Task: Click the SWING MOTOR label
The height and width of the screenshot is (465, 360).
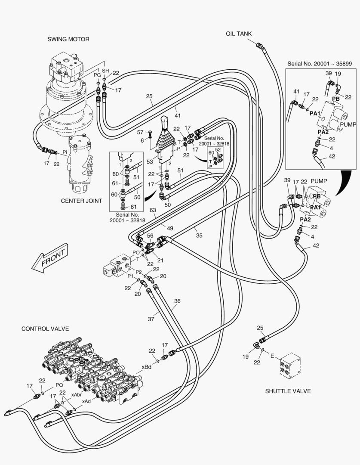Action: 68,39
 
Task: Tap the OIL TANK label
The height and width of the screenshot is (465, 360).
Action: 239,34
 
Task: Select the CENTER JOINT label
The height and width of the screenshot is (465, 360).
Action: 81,201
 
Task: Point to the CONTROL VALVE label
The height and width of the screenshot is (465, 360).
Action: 45,329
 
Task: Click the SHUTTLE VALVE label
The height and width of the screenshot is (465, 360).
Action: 288,391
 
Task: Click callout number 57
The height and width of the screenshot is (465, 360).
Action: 140,132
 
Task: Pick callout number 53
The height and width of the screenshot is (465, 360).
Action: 150,161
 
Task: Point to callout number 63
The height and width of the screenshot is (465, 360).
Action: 153,211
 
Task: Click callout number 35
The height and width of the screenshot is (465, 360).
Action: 199,235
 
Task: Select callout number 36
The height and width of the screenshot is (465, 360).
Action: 177,301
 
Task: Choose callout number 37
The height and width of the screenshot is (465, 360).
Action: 151,319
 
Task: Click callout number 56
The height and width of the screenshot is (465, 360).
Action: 150,236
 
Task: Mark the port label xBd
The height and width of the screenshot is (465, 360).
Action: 146,367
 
